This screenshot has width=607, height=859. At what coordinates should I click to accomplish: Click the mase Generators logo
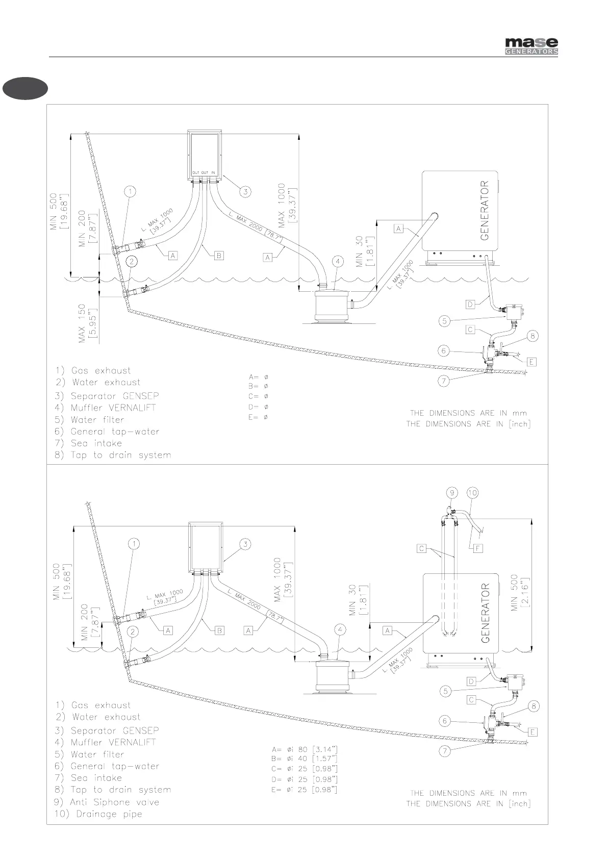click(531, 46)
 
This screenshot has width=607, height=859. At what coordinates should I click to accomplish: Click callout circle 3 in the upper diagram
click(245, 192)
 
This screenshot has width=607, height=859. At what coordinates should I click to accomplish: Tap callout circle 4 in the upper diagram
click(338, 262)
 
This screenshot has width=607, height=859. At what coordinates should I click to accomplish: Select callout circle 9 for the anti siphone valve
click(452, 493)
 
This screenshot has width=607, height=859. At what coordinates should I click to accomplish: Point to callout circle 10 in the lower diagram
click(472, 493)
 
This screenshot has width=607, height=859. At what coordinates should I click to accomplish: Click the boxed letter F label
click(477, 549)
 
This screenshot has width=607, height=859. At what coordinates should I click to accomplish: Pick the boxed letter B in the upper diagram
click(219, 255)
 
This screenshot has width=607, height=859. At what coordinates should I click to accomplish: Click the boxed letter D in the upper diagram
click(471, 305)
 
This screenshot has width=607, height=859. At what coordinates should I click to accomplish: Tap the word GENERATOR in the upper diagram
click(485, 210)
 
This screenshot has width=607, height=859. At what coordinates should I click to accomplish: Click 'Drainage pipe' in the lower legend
click(108, 814)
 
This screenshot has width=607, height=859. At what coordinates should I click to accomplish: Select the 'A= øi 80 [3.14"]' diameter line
click(305, 749)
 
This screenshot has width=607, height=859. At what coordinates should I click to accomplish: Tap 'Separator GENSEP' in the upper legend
click(114, 396)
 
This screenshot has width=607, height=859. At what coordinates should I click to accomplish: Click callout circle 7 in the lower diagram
click(445, 751)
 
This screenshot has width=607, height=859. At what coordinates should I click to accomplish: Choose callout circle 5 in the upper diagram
click(445, 321)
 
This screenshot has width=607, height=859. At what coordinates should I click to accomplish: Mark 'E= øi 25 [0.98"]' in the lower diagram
click(305, 790)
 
